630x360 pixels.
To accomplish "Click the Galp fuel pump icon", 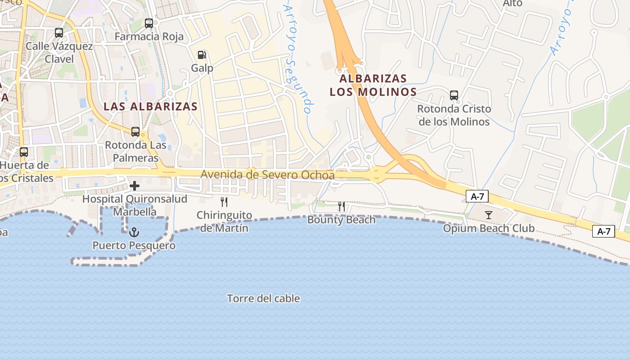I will click(202, 55).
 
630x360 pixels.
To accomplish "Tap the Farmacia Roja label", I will click(149, 36).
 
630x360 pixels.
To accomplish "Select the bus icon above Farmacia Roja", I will click(149, 23).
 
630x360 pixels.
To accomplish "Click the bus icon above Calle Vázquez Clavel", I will click(59, 32).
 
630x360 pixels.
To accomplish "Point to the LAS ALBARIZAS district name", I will click(150, 106).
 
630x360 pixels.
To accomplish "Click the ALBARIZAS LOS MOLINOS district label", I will click(373, 85).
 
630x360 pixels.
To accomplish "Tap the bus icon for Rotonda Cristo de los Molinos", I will click(454, 95).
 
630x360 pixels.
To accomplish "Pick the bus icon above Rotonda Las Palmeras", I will click(135, 132).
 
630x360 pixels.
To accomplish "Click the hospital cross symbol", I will click(135, 185).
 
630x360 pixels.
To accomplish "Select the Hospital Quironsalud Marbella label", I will click(135, 205).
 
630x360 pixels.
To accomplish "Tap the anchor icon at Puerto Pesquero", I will click(134, 232).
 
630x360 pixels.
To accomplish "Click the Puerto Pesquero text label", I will click(134, 246).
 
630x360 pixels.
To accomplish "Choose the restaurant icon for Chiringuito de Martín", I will click(224, 202).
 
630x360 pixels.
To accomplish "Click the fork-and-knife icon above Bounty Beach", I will click(342, 207).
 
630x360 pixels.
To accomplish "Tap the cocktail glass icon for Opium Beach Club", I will click(489, 215).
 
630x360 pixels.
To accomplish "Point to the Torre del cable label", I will click(263, 298).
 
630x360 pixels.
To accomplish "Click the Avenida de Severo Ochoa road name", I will click(267, 175).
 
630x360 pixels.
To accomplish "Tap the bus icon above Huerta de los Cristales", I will click(24, 152).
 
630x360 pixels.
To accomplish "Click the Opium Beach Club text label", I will click(489, 229).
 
